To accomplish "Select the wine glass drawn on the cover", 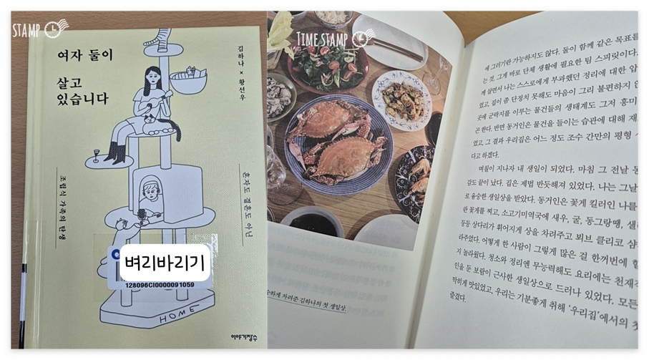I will [94, 153].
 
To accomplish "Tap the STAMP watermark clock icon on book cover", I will [55, 29].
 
